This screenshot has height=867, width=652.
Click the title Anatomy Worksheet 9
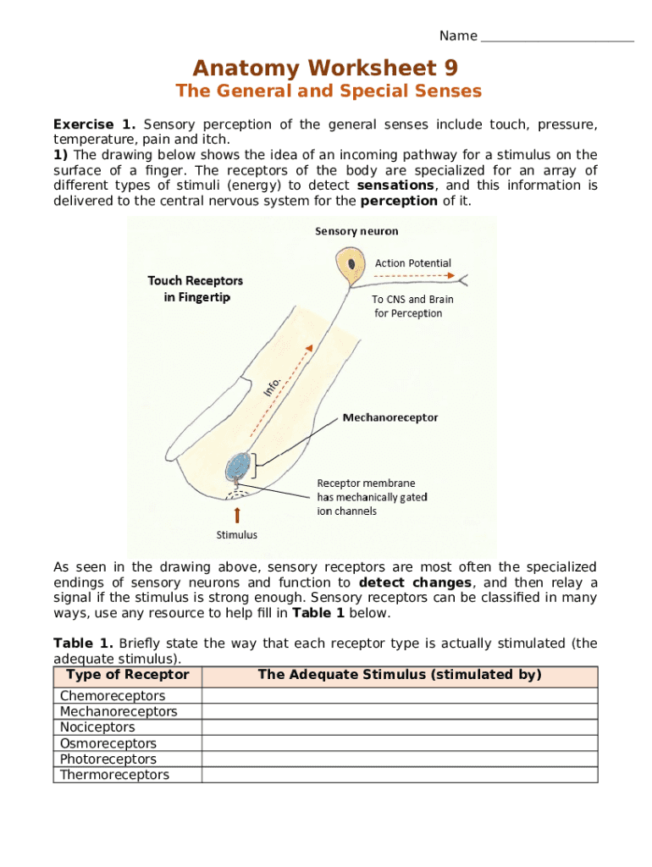325,68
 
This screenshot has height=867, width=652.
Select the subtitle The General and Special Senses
328,91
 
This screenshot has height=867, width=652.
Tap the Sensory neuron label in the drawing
356,231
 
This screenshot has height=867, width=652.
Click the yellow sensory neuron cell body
348,265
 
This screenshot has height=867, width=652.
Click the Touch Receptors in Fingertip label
195,288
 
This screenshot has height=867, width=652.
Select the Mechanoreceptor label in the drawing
390,417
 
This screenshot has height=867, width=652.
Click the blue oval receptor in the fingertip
239,467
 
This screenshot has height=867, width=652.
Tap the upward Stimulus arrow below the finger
237,515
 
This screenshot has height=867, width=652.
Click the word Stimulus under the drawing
237,535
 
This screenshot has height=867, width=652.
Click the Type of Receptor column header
127,676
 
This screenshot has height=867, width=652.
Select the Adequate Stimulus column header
399,676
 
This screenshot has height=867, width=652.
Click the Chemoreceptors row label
113,696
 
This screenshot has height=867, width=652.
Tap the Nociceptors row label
97,727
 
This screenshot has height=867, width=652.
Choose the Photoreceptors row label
108,759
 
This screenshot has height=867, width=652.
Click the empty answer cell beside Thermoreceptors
399,775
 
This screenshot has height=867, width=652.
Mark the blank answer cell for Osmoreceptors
399,743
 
